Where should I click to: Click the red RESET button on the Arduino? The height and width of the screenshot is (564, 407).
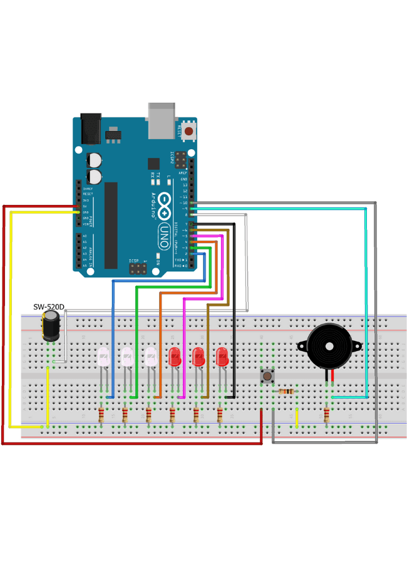coord(188,132)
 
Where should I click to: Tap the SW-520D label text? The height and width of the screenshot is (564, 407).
coord(49,307)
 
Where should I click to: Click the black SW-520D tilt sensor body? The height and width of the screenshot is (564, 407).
coord(51,326)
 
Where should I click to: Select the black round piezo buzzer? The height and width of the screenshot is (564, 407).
coord(329,346)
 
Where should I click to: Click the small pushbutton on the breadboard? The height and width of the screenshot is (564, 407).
coord(267,376)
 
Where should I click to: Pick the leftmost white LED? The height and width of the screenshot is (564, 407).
coord(103,357)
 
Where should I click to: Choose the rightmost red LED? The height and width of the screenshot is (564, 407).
coord(222,357)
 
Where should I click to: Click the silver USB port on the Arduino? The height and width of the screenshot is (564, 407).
coord(161,120)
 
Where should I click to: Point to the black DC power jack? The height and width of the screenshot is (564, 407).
coord(91,128)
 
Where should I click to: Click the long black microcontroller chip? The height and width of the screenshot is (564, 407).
coord(111,226)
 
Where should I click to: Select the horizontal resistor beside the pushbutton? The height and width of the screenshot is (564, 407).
coord(286,392)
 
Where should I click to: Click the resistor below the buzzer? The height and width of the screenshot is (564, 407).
coord(326,414)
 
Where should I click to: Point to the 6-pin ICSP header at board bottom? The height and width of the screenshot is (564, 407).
coord(138,268)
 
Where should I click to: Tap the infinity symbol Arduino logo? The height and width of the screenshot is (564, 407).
coord(164,206)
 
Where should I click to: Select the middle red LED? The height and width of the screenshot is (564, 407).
coord(198,357)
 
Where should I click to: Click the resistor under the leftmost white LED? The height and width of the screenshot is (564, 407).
coord(101,414)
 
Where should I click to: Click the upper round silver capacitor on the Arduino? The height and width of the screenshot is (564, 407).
coord(95,160)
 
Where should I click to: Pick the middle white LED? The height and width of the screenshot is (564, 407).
coord(127,357)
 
